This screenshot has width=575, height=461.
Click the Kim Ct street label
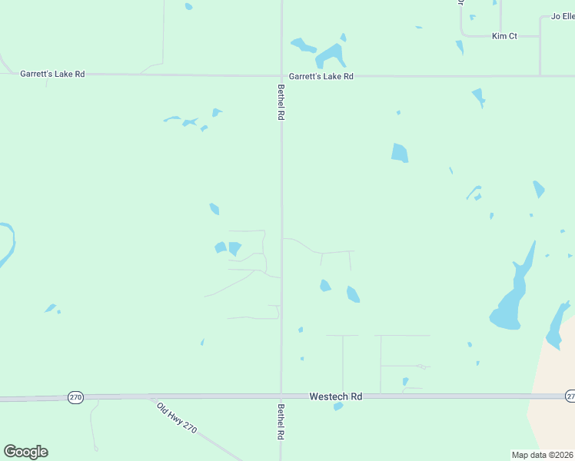click(504, 36)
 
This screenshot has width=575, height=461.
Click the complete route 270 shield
click(75, 397)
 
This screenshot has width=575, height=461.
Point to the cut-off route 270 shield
click(570, 396)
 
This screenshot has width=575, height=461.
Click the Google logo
click(25, 452)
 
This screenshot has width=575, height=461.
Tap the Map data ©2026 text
click(542, 455)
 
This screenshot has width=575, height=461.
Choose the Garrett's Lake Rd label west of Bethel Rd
click(52, 74)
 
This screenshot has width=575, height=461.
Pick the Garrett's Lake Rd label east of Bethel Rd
click(321, 76)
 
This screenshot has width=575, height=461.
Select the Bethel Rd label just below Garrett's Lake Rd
click(281, 101)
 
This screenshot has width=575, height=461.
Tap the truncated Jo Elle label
click(563, 16)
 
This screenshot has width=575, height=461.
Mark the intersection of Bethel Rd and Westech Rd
click(281, 396)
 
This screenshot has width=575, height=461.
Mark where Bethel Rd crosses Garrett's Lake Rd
click(281, 76)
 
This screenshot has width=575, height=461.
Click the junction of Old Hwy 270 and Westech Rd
click(151, 397)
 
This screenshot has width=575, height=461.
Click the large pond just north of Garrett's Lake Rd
click(331, 55)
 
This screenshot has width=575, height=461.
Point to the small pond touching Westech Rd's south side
click(337, 406)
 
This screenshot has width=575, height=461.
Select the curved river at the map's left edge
click(8, 242)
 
